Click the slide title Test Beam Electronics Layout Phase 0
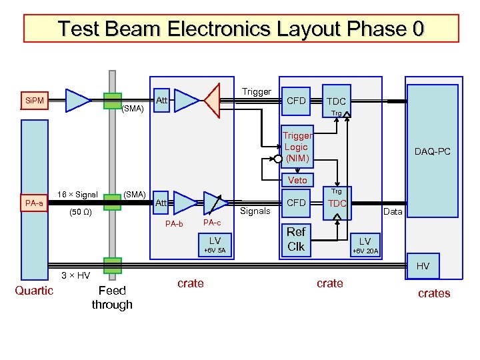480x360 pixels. [240, 29]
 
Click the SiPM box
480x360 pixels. [34, 101]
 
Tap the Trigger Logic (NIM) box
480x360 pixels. [296, 147]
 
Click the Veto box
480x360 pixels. [297, 180]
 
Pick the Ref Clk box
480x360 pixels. [296, 239]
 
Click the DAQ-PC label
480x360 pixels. [432, 151]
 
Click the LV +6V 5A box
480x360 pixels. [215, 244]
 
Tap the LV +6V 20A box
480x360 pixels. [365, 245]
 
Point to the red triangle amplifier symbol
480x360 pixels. [213, 101]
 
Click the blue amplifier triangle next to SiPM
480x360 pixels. [78, 101]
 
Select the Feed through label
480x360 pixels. [112, 297]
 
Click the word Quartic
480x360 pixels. [34, 290]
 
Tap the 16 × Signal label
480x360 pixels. [78, 195]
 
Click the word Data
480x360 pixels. [393, 211]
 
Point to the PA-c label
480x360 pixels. [212, 223]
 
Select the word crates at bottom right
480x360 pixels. [434, 293]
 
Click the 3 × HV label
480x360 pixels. [75, 275]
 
